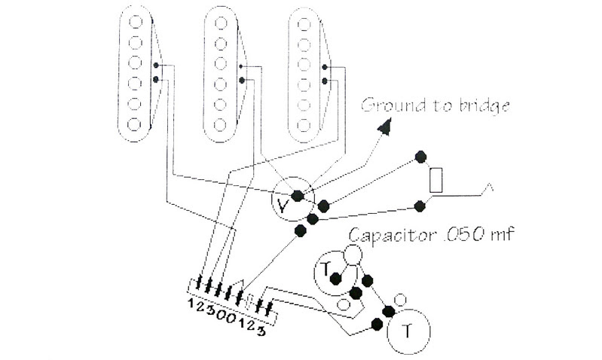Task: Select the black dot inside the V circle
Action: click(x=298, y=195)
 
